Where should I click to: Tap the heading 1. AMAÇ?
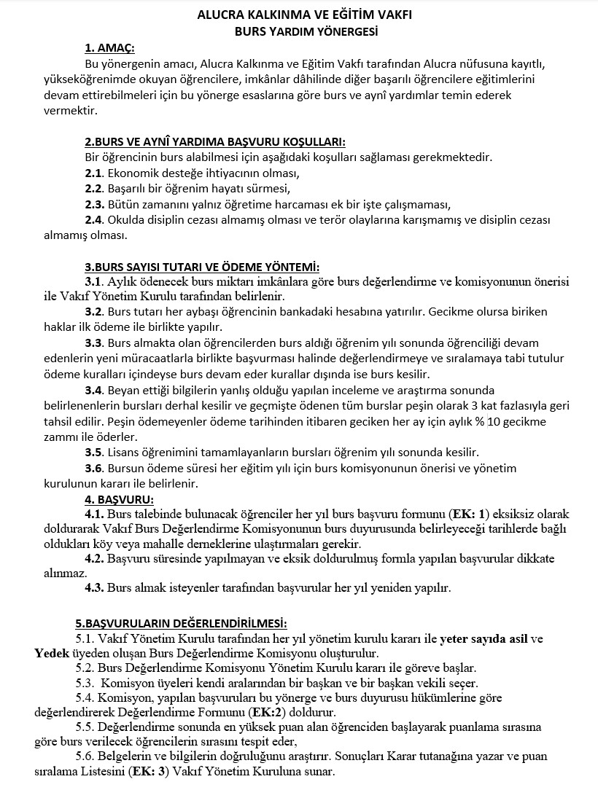pyautogui.click(x=110, y=48)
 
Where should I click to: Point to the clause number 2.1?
pyautogui.click(x=94, y=173)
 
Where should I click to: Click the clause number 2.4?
pyautogui.click(x=94, y=219)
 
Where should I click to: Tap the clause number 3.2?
pyautogui.click(x=95, y=312)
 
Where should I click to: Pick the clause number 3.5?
pyautogui.click(x=95, y=453)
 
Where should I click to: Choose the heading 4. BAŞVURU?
pyautogui.click(x=119, y=499)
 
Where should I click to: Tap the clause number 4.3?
pyautogui.click(x=95, y=587)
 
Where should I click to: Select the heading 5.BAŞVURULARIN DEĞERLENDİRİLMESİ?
pyautogui.click(x=182, y=623)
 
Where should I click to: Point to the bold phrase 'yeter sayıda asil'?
pyautogui.click(x=483, y=639)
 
